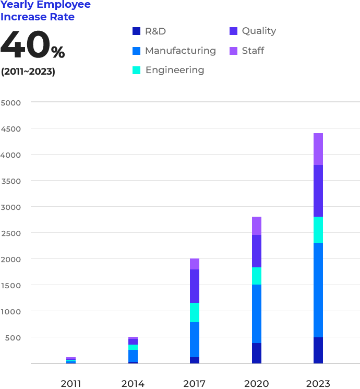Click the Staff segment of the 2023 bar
pyautogui.click(x=318, y=149)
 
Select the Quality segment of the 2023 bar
pyautogui.click(x=318, y=191)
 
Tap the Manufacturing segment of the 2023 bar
pyautogui.click(x=318, y=290)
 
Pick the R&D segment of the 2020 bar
pyautogui.click(x=256, y=353)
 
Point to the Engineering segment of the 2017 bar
pyautogui.click(x=195, y=312)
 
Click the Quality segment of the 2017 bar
pyautogui.click(x=195, y=286)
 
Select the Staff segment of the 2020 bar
pyautogui.click(x=256, y=226)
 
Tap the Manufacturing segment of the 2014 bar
pyautogui.click(x=133, y=356)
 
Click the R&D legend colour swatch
pyautogui.click(x=137, y=31)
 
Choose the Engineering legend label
pyautogui.click(x=175, y=70)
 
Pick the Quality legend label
pyautogui.click(x=259, y=31)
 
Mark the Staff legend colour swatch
pyautogui.click(x=233, y=51)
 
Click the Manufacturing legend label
pyautogui.click(x=181, y=51)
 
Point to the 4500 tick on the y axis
pyautogui.click(x=11, y=128)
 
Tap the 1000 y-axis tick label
pyautogui.click(x=11, y=311)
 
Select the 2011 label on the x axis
pyautogui.click(x=71, y=384)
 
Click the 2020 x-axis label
pyautogui.click(x=256, y=384)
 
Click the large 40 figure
pyautogui.click(x=25, y=46)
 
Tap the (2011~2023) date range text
pyautogui.click(x=28, y=72)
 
